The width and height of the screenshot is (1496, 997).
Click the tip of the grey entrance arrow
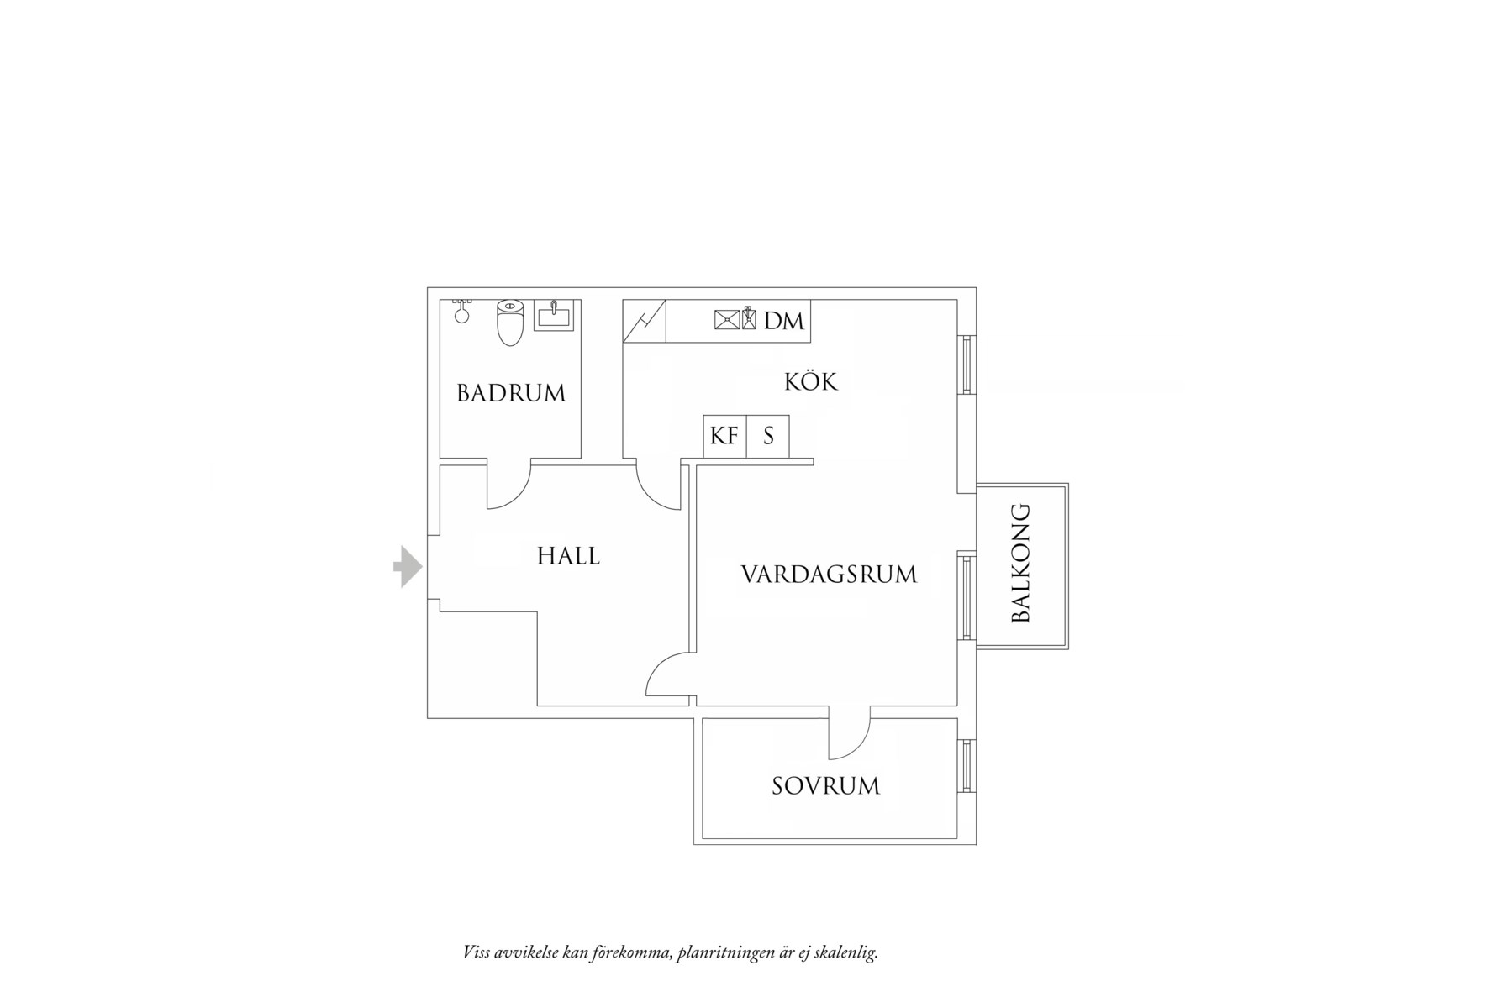423,566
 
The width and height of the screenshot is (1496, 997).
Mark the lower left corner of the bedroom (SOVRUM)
703,837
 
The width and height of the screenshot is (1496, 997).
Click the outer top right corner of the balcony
1068,484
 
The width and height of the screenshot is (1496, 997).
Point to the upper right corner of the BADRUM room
581,300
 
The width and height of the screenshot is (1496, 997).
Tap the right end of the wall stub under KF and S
814,462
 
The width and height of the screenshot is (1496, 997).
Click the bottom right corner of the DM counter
811,342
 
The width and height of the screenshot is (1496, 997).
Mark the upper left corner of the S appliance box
746,416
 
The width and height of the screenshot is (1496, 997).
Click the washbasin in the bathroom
554,315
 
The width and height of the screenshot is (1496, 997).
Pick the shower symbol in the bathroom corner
461,311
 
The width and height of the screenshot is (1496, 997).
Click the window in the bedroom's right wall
967,765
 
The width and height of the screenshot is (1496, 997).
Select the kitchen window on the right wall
967,365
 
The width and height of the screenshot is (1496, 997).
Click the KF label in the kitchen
724,436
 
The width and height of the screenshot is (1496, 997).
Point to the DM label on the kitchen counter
784,320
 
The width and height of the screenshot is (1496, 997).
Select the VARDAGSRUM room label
829,575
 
